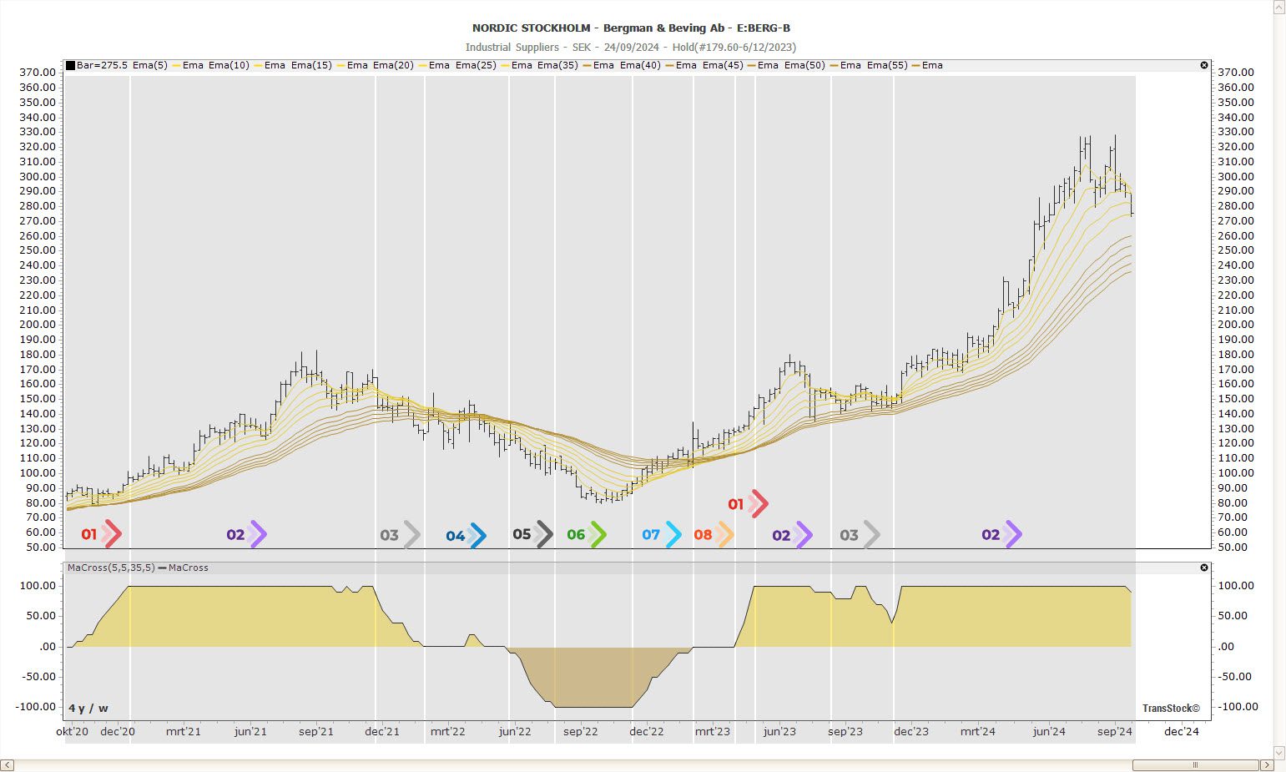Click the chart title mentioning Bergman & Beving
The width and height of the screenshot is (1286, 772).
(x=631, y=28)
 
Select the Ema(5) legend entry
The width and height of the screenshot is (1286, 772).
(x=149, y=65)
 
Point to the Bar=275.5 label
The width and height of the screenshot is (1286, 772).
(x=102, y=65)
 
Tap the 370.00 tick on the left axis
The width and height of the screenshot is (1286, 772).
(x=38, y=73)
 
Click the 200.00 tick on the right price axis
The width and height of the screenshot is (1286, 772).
(x=1235, y=325)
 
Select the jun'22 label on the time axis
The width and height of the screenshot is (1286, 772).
(x=515, y=732)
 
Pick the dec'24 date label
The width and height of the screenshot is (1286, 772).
(x=1181, y=732)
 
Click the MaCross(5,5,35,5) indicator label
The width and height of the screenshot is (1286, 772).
(x=111, y=568)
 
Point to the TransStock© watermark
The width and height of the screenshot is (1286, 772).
(x=1171, y=709)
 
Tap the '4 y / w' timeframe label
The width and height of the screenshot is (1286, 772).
(x=88, y=709)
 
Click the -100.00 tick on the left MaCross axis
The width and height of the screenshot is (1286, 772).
(x=36, y=707)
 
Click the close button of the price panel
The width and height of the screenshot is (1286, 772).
(x=1204, y=65)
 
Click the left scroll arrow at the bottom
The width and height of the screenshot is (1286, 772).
(x=8, y=765)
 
